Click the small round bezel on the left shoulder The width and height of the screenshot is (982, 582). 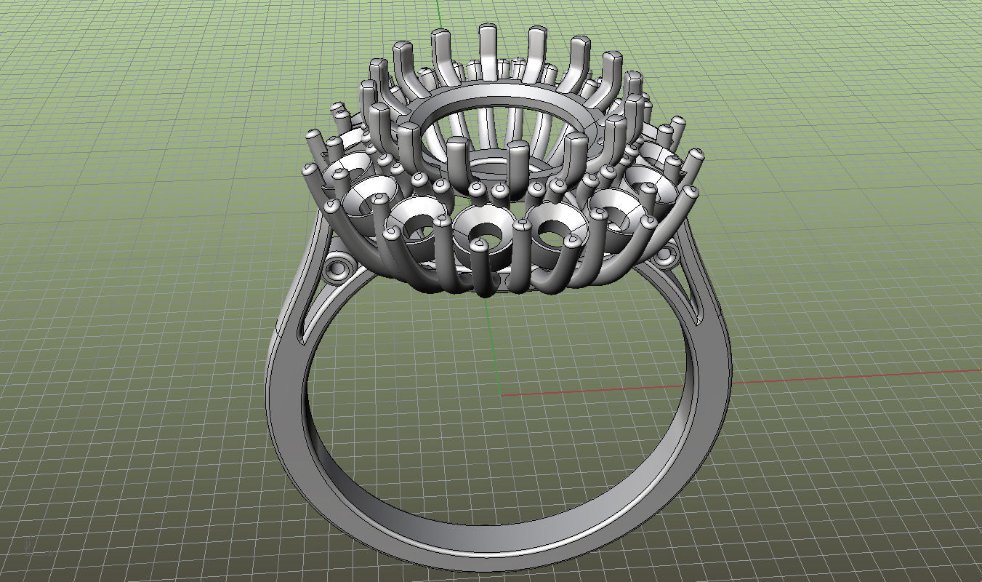click(336, 268)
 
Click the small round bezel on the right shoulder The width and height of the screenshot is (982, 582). click(663, 256)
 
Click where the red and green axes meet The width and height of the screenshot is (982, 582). click(502, 396)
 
